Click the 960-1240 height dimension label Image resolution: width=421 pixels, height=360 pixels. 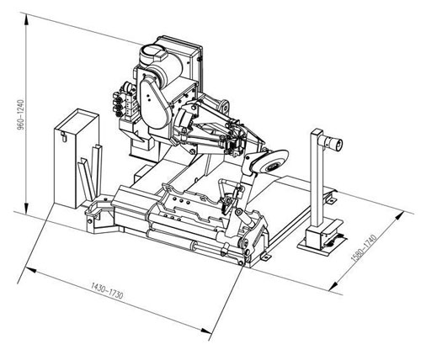[x=21, y=115]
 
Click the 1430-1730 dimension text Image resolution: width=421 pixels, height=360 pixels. [x=107, y=290]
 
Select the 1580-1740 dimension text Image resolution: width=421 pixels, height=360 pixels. [x=364, y=248]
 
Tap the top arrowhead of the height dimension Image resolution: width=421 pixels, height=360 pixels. [x=26, y=21]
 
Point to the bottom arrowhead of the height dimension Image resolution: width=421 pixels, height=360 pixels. [x=26, y=208]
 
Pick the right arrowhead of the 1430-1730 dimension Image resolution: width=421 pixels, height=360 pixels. [x=206, y=331]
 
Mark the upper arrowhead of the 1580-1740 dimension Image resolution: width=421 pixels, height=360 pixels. [x=400, y=216]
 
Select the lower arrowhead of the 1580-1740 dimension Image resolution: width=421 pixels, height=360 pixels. [x=333, y=286]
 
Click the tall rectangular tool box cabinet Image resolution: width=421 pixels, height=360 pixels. [x=76, y=158]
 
